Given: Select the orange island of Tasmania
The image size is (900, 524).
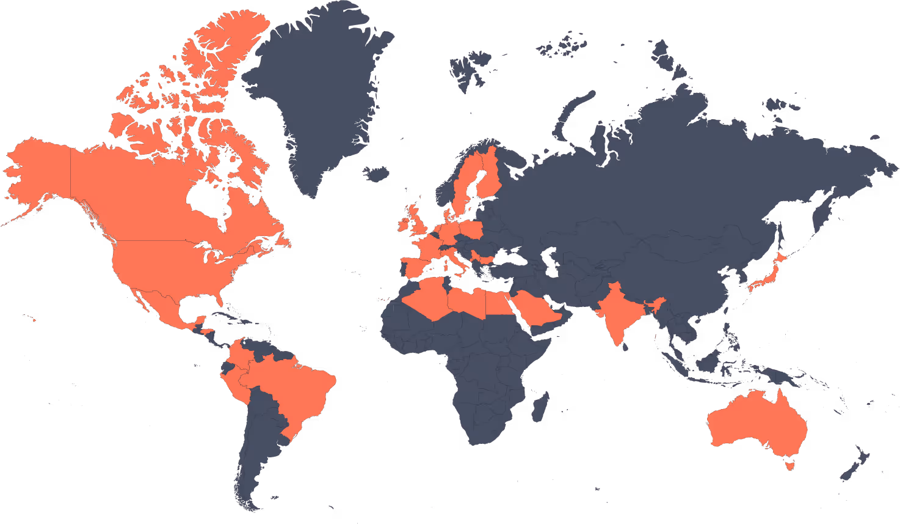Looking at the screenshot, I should coord(792,465).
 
